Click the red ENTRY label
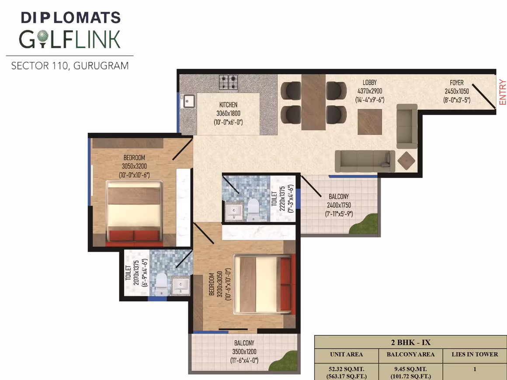pos(503,92)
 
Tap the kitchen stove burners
pos(229,82)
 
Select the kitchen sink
pos(189,101)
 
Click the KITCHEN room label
pos(228,105)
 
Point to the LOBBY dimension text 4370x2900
pos(370,91)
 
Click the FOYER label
pos(457,83)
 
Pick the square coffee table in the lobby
pos(370,122)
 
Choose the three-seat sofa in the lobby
pos(365,161)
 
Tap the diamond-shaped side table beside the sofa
pos(406,161)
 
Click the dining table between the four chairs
pos(313,102)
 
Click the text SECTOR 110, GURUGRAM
pos(70,66)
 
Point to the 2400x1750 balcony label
pos(339,205)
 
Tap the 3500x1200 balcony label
pos(244,352)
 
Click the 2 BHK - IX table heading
pos(411,342)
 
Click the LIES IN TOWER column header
pos(475,355)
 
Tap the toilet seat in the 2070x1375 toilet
pos(161,284)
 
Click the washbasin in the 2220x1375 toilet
pos(234,212)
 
